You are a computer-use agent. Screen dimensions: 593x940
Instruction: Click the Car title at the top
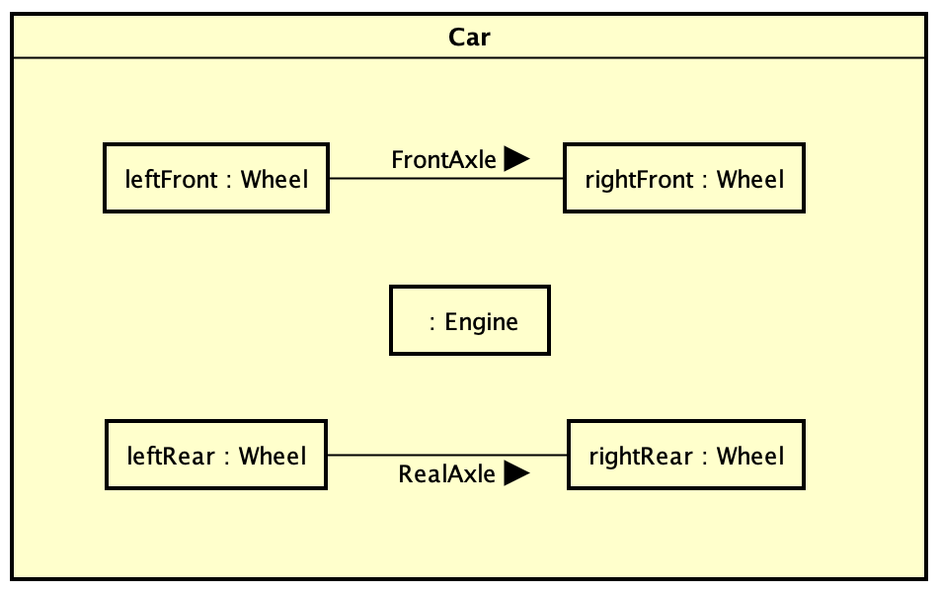(470, 38)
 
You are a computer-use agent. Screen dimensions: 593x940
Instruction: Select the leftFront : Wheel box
(216, 178)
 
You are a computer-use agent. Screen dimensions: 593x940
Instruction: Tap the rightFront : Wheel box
(684, 178)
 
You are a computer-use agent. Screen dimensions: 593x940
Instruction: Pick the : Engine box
(470, 320)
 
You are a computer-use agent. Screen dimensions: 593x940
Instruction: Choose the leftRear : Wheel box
(216, 455)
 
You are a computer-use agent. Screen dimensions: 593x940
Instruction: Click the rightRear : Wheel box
(686, 455)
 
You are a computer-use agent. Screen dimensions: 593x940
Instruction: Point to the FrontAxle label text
(443, 160)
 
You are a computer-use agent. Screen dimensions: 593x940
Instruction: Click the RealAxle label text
(446, 474)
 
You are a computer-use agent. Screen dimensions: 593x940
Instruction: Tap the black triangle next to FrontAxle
(516, 158)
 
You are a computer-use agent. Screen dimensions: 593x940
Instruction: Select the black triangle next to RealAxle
(516, 473)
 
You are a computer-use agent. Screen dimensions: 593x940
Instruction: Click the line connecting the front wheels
(445, 179)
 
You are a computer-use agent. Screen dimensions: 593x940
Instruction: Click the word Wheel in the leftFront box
(274, 179)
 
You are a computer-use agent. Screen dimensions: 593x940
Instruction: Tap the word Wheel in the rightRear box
(750, 456)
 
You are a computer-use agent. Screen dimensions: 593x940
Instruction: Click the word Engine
(482, 321)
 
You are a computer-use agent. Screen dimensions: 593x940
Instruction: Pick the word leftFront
(171, 179)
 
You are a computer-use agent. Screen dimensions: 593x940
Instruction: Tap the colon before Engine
(433, 323)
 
